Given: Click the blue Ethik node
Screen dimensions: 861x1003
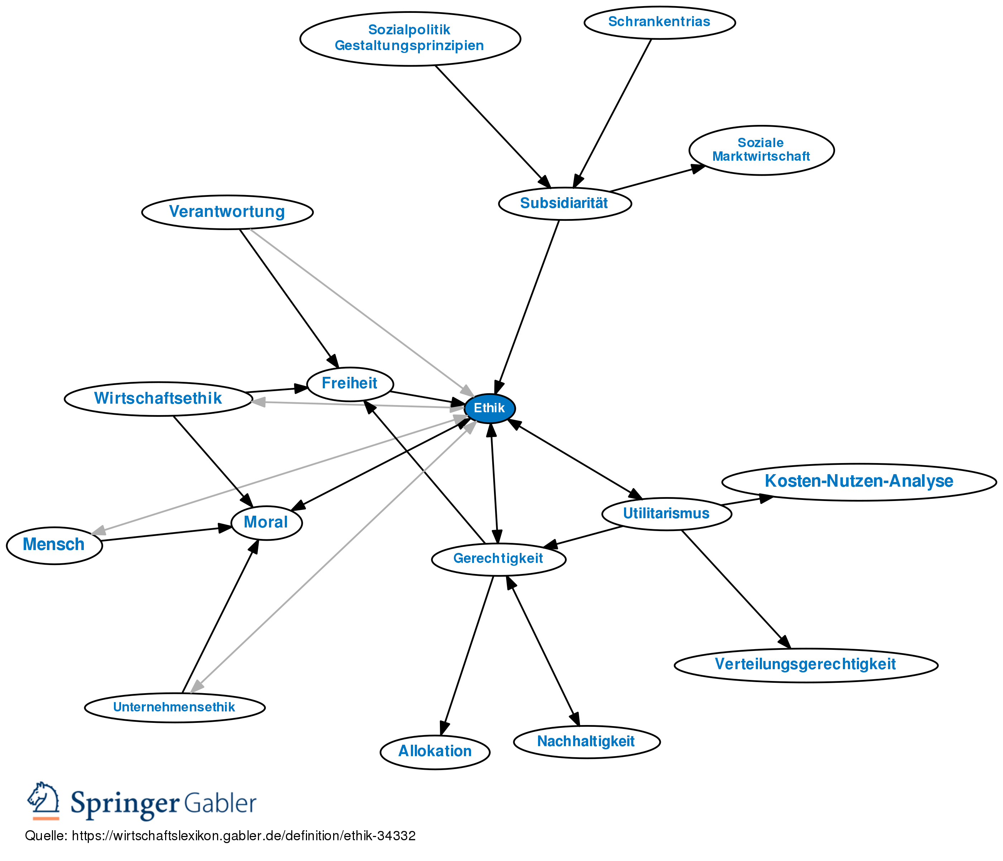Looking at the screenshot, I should (x=489, y=408).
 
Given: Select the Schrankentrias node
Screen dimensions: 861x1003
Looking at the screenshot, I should (x=659, y=22).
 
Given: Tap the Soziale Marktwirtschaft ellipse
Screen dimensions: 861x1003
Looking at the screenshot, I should (x=761, y=150).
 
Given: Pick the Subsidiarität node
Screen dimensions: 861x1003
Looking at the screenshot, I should (x=565, y=204).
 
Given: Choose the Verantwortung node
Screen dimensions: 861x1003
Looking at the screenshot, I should (x=227, y=212).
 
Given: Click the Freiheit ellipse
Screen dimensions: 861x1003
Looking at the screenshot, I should (x=350, y=384).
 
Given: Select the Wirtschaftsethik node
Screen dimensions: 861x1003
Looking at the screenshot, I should (x=158, y=399).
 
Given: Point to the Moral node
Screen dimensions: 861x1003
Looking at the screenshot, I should (x=266, y=522).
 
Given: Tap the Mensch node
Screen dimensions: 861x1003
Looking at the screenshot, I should (x=54, y=545).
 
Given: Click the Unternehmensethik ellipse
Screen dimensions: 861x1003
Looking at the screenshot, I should (x=174, y=707).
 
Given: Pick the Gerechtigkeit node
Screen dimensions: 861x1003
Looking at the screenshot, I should (x=498, y=559).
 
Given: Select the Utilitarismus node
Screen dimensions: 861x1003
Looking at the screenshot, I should (x=666, y=513).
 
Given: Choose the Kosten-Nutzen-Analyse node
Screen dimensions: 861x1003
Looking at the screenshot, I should (x=858, y=481).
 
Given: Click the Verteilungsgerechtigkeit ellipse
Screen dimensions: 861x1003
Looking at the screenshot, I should (x=806, y=665).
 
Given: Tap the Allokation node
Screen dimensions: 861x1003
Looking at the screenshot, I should (x=435, y=751).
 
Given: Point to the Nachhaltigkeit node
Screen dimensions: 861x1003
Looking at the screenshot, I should (x=586, y=741).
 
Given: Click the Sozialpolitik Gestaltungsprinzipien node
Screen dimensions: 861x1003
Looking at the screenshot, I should (x=409, y=38).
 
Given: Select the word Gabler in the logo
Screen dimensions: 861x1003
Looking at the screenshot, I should (x=220, y=803).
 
